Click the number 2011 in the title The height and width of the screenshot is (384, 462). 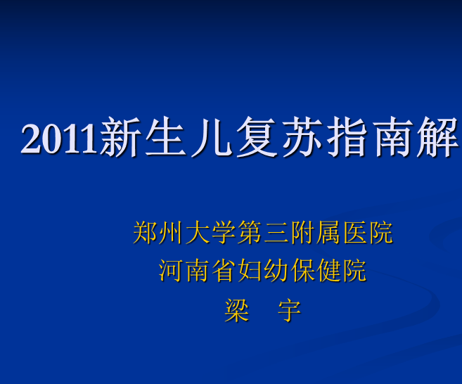(x=58, y=139)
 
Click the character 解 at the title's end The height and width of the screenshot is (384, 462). (x=438, y=136)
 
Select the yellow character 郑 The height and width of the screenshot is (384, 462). (x=145, y=233)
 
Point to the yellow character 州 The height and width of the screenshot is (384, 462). (x=170, y=233)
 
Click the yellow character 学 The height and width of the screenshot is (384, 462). (x=223, y=233)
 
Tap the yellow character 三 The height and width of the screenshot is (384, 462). (x=276, y=233)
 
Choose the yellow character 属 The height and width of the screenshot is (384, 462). (x=328, y=233)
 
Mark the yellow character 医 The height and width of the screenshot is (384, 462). (x=354, y=233)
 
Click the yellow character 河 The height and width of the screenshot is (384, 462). (x=170, y=271)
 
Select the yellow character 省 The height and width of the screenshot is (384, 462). (x=223, y=271)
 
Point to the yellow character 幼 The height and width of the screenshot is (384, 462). (x=276, y=271)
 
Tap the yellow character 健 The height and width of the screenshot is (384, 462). (x=328, y=271)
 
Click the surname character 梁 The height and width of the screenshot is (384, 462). (x=236, y=310)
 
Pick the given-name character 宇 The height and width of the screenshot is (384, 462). (x=289, y=310)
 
